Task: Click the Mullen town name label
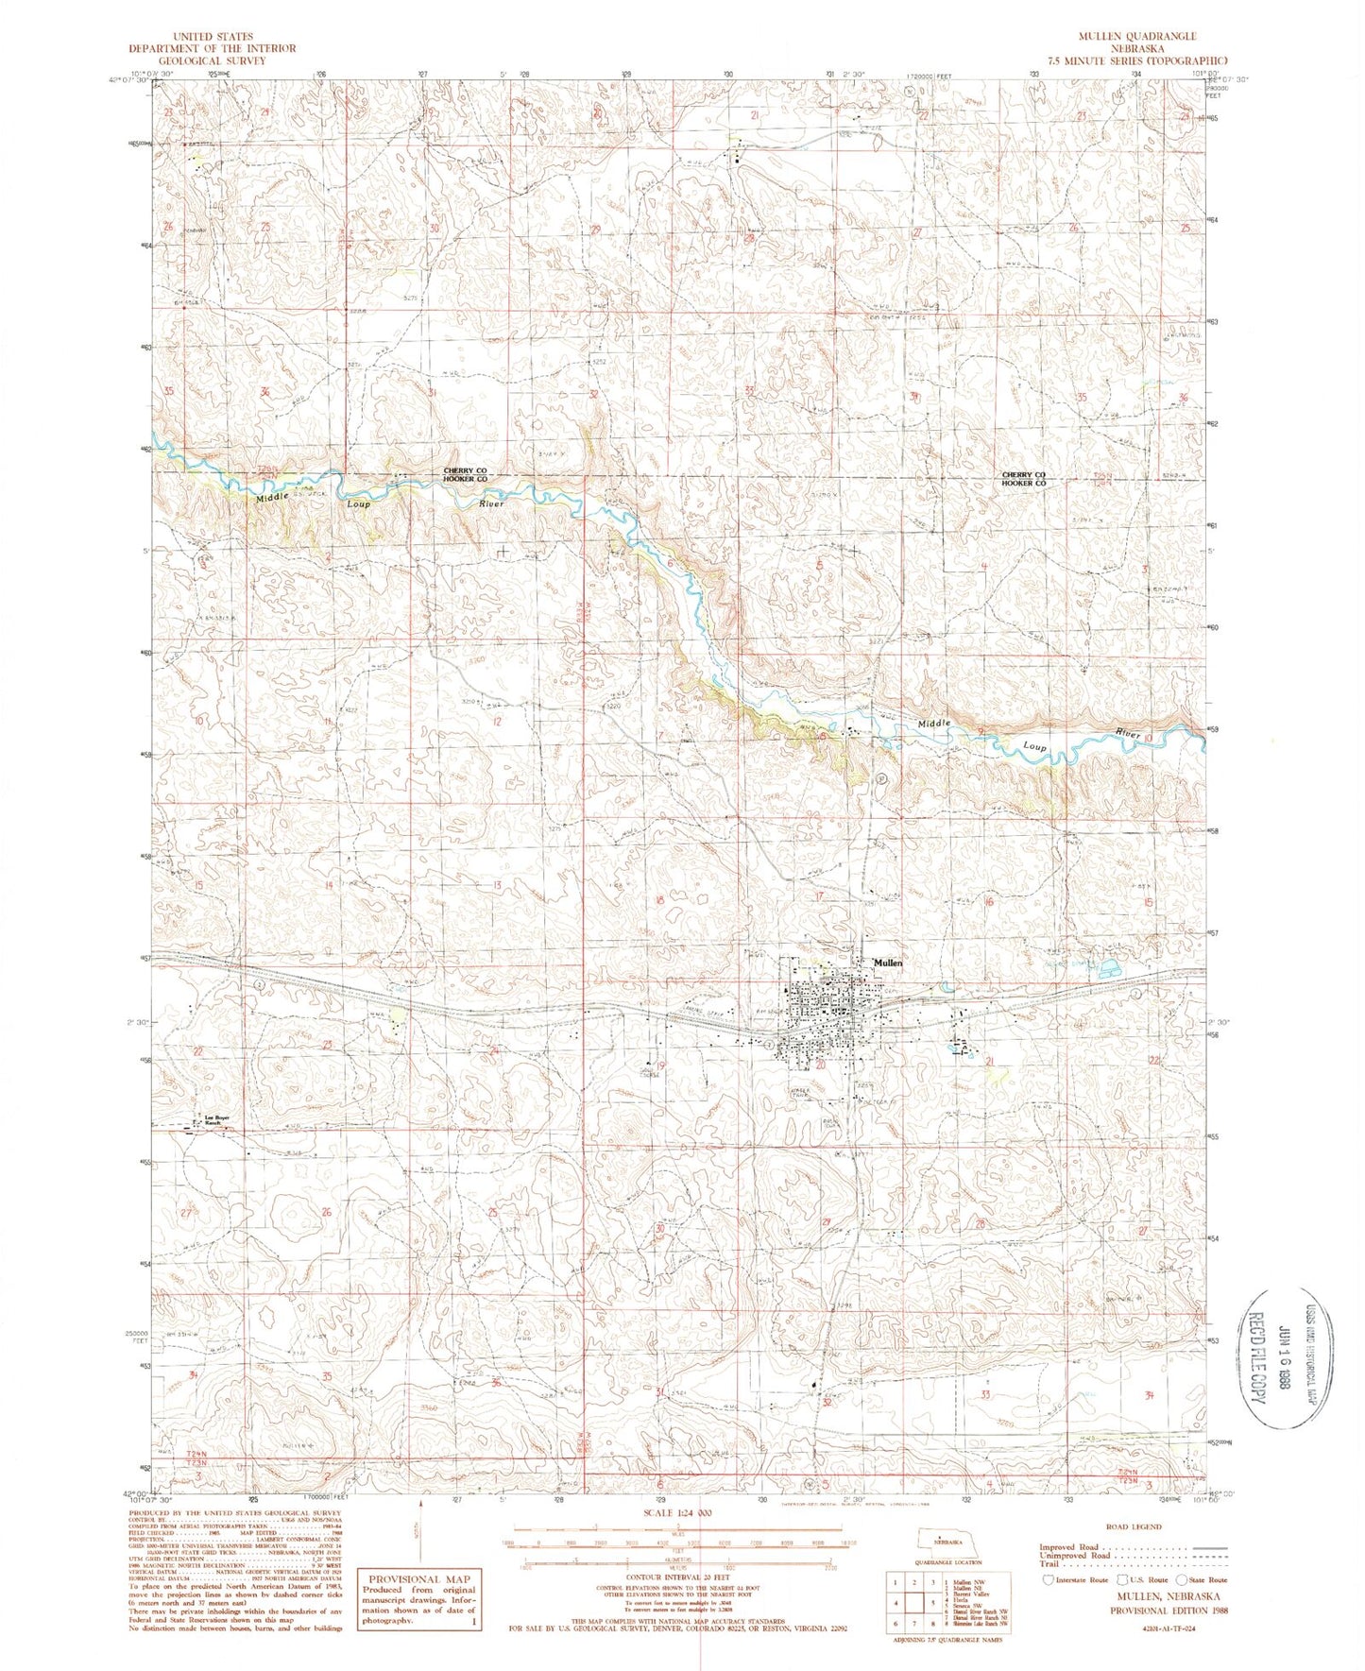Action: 888,962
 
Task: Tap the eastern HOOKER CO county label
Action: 1024,483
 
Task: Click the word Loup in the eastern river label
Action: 1035,746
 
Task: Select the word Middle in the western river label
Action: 272,498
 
